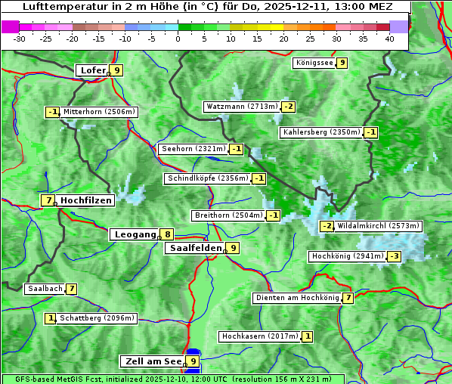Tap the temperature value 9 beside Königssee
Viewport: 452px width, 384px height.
[342, 63]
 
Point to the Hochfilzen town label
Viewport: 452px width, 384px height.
[86, 200]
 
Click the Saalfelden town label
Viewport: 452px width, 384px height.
[195, 248]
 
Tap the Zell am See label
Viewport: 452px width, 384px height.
[153, 361]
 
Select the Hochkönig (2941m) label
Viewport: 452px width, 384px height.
[348, 256]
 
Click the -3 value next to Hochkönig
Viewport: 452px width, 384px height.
[395, 257]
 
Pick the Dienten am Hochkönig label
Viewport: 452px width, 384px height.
[297, 298]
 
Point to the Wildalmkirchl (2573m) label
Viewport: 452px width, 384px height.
[379, 226]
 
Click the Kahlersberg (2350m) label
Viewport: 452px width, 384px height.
[321, 132]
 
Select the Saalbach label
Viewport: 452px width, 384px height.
[45, 289]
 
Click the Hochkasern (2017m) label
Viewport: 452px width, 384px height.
[259, 336]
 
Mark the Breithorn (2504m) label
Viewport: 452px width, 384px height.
[228, 215]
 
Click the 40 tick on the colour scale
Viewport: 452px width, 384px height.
[389, 39]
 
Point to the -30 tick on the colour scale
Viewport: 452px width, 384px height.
[20, 39]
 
